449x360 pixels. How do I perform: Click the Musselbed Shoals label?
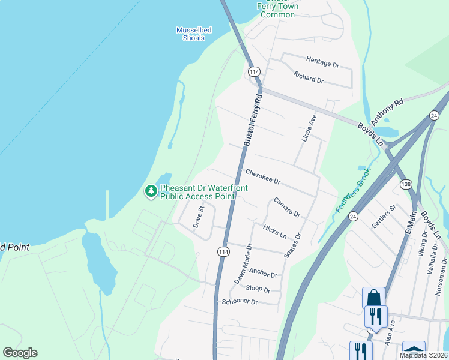[190, 34]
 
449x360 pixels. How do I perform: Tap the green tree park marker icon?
[151, 191]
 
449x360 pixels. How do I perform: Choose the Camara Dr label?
[286, 207]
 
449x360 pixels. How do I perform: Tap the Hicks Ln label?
[275, 229]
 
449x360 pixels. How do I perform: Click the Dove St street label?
[199, 215]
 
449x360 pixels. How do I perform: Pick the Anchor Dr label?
[263, 273]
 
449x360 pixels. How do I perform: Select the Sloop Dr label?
[258, 290]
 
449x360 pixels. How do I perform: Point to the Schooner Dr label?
[239, 302]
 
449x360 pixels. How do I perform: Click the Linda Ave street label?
[309, 128]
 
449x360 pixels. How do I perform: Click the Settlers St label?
[384, 217]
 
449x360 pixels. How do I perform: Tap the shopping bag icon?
[373, 298]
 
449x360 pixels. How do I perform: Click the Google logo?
[20, 353]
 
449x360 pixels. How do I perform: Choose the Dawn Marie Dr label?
[243, 264]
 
